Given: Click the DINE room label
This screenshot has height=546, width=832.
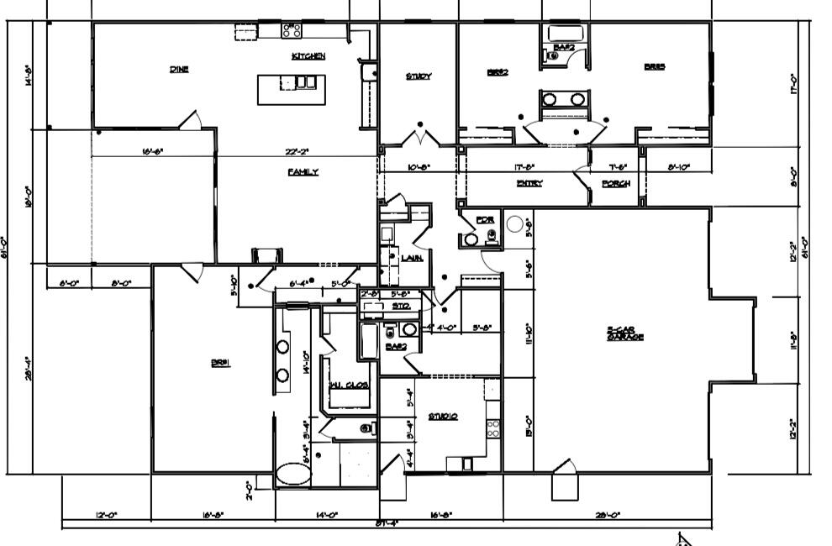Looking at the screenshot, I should point(179,70).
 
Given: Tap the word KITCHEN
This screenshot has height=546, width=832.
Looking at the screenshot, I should point(308,56).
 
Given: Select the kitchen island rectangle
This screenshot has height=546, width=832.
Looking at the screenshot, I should point(291,89).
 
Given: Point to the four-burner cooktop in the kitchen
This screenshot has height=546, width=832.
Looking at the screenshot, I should point(292,31).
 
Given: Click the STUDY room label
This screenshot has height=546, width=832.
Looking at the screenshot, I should point(419,76).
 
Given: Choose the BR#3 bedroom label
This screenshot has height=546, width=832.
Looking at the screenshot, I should point(655,67).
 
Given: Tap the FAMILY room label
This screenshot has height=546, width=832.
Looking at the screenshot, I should point(303,171).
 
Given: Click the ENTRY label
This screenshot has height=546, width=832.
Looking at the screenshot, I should point(529,183).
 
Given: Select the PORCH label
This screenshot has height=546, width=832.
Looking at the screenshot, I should point(616,183).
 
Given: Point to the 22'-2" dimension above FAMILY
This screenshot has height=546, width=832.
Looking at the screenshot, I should point(298,152).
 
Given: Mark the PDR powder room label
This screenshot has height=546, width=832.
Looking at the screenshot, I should point(484,220).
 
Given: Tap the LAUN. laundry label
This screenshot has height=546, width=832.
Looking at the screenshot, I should point(411,258).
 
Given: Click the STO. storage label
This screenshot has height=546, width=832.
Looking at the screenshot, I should point(401,307).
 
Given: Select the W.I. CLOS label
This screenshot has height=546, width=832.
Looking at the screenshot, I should point(350,386).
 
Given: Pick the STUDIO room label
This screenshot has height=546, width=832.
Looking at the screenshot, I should point(442,416).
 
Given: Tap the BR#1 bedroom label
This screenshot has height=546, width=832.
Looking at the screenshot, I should point(221,363).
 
